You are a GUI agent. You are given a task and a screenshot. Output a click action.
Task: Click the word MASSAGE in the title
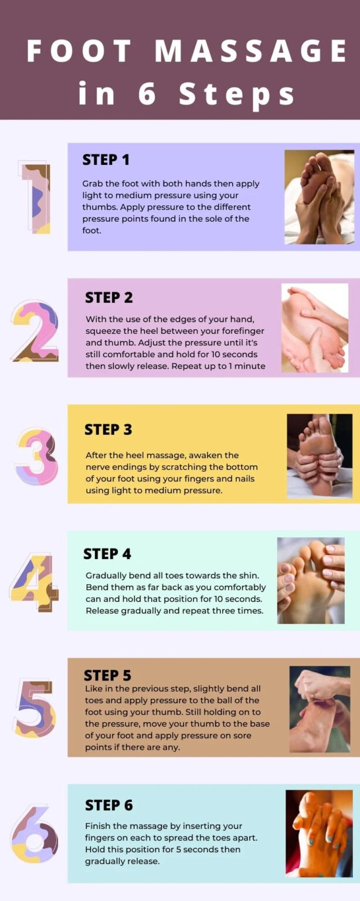(x=251, y=52)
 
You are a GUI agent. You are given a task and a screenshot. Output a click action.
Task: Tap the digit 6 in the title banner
(x=147, y=93)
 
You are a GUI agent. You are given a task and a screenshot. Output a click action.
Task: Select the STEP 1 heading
(x=106, y=160)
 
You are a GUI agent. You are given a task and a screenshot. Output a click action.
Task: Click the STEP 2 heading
(x=109, y=297)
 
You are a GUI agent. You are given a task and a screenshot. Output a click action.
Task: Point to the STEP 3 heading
(x=108, y=429)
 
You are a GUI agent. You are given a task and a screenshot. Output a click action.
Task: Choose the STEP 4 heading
(x=107, y=554)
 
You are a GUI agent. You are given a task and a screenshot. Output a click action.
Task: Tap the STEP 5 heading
(x=107, y=675)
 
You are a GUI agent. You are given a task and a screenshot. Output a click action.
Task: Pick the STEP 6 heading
(x=109, y=805)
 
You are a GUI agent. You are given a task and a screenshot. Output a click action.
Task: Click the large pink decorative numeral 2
(x=35, y=331)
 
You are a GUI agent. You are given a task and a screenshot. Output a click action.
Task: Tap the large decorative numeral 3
(x=36, y=456)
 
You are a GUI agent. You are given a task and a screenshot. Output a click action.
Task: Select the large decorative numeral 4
(x=35, y=582)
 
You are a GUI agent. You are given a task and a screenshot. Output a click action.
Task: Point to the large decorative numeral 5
(x=35, y=708)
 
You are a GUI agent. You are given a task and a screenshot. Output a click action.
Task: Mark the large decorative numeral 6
(x=35, y=834)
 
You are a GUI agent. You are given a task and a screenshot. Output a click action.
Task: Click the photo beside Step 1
(x=319, y=197)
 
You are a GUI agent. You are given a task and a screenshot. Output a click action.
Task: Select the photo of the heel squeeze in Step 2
(x=315, y=328)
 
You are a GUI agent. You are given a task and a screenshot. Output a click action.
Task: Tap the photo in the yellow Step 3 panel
(x=320, y=456)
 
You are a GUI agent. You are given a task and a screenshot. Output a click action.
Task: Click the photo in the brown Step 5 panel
(x=320, y=709)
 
